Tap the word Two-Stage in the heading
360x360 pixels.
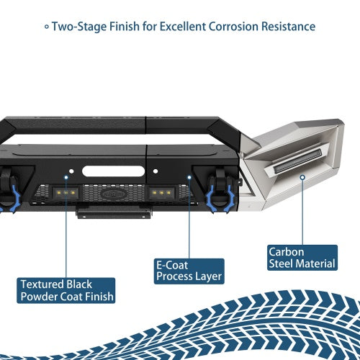pos(80,27)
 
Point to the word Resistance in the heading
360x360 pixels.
pos(288,27)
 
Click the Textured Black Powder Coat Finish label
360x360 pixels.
pos(66,290)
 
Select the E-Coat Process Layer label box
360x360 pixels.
pos(189,271)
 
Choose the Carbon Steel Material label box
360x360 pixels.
pos(302,258)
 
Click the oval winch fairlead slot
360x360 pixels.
pos(113,171)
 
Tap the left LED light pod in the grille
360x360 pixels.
pos(66,192)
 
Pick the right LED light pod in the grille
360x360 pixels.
pos(161,192)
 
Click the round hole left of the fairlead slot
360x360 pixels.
pos(71,171)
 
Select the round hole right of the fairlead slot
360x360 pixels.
pos(156,171)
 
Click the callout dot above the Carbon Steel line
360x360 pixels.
pos(302,177)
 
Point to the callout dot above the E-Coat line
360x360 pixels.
pos(189,177)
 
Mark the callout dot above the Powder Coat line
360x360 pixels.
pos(66,177)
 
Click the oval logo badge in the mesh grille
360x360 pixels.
pos(113,194)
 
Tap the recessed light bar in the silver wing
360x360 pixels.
pos(297,161)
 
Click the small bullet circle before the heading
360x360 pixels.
pos(47,27)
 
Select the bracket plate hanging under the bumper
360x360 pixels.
pos(114,212)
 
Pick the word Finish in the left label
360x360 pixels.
pos(99,297)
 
